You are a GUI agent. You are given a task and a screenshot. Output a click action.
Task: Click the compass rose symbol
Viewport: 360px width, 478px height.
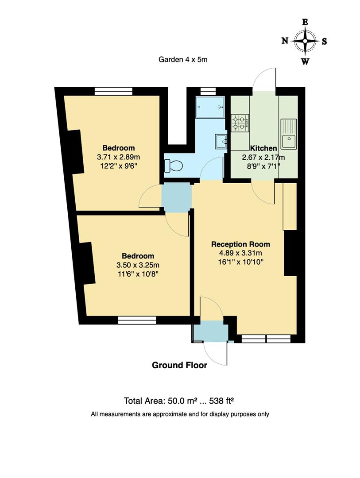pyautogui.click(x=305, y=41)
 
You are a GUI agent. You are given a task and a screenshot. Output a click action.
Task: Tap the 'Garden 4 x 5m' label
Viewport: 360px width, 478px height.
pyautogui.click(x=183, y=59)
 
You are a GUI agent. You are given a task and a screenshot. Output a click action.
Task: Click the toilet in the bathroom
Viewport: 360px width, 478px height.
pyautogui.click(x=173, y=166)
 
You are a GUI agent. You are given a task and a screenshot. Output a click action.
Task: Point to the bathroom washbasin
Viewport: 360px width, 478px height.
pyautogui.click(x=221, y=141)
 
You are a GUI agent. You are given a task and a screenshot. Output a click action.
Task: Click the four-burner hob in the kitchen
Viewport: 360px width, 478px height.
pyautogui.click(x=240, y=123)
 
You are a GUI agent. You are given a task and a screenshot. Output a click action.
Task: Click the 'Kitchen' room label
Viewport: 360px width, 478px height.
pyautogui.click(x=263, y=148)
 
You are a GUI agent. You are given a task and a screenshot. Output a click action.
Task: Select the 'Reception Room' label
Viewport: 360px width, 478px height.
pyautogui.click(x=240, y=244)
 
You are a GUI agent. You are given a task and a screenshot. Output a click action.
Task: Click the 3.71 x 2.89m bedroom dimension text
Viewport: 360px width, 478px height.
pyautogui.click(x=118, y=157)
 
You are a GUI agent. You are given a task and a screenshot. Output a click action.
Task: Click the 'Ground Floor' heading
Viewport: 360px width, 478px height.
pyautogui.click(x=179, y=365)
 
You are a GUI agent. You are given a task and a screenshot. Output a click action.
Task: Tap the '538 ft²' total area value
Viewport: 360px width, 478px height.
pyautogui.click(x=218, y=401)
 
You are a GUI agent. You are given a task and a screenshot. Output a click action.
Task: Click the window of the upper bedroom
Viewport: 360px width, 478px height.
pyautogui.click(x=114, y=91)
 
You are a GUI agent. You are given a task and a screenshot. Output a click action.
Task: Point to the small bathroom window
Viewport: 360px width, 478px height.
pyautogui.click(x=205, y=91)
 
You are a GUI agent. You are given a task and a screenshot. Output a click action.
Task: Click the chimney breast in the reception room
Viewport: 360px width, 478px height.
pyautogui.click(x=290, y=253)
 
